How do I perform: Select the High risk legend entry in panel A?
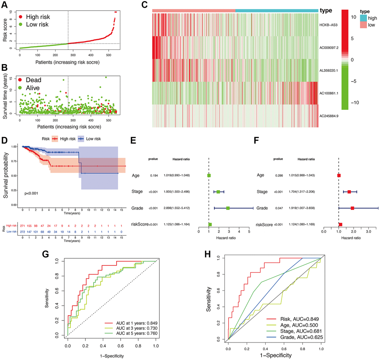point(36,17)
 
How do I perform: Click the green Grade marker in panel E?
point(228,208)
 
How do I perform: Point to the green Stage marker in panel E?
point(218,192)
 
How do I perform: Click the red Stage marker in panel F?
point(349,192)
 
